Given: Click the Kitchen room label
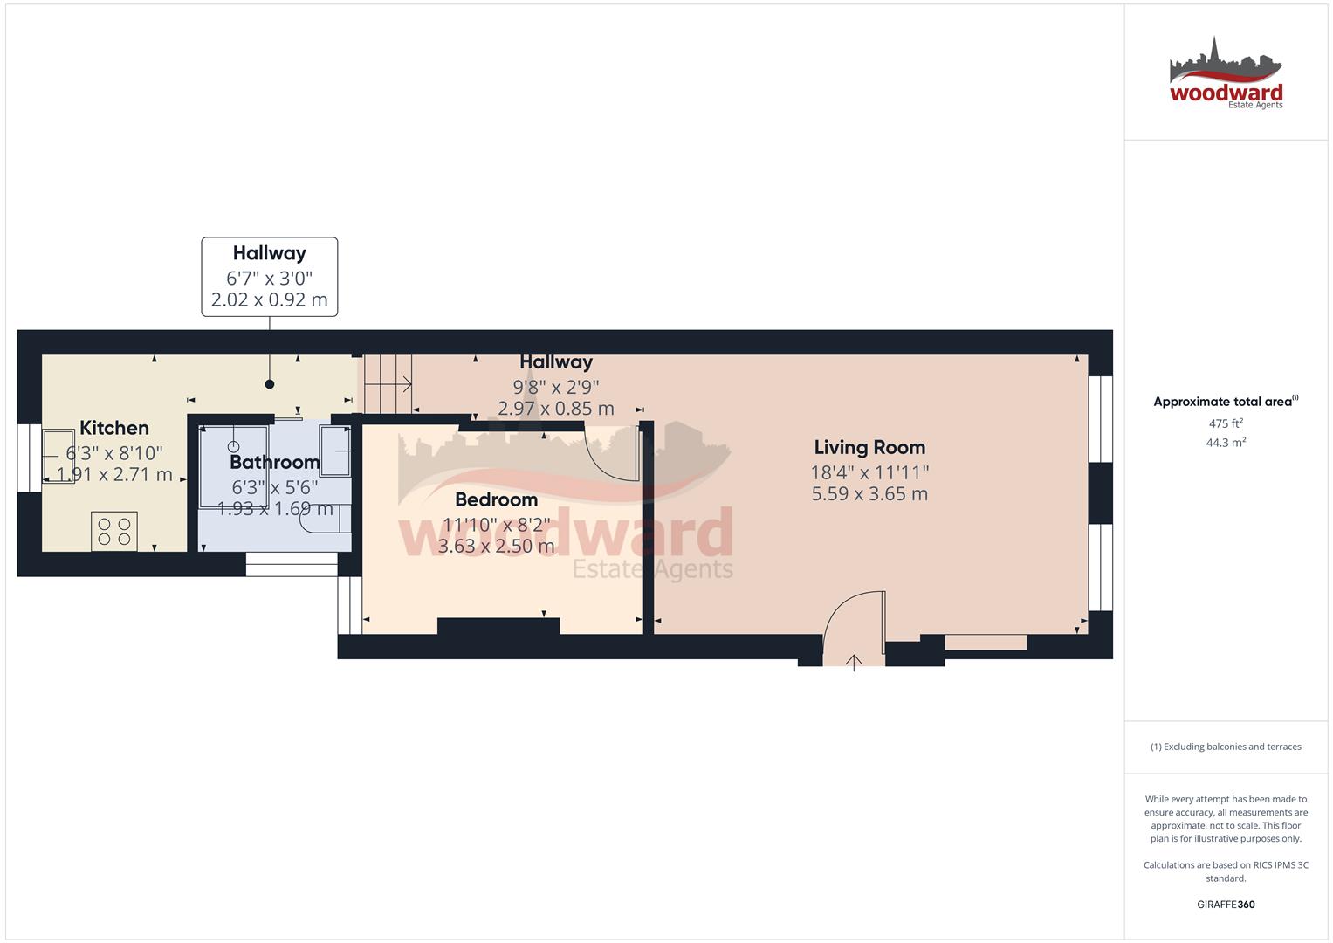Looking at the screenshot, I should coord(114,428).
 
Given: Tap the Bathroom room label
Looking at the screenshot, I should coord(275,462).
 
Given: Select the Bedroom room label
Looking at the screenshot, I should coord(496,499).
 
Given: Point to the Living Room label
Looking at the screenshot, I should coord(869,447).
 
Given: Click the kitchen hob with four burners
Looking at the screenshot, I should coord(114,531).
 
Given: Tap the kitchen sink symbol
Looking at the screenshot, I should coord(59,457).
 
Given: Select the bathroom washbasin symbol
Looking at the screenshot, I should coord(335,451).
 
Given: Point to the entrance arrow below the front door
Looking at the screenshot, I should coord(854,661).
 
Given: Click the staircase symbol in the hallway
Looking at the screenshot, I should coord(388,384).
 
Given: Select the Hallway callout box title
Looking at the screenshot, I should coord(269,253).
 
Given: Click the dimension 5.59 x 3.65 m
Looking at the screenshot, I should coord(869,494).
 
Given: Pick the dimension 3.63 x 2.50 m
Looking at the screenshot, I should coord(496,547).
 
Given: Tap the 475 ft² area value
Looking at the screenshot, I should coord(1226,423).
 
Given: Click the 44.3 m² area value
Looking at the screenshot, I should coord(1226,443).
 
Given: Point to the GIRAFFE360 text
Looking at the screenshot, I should coord(1226,905).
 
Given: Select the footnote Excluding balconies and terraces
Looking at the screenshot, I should coord(1226,747).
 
